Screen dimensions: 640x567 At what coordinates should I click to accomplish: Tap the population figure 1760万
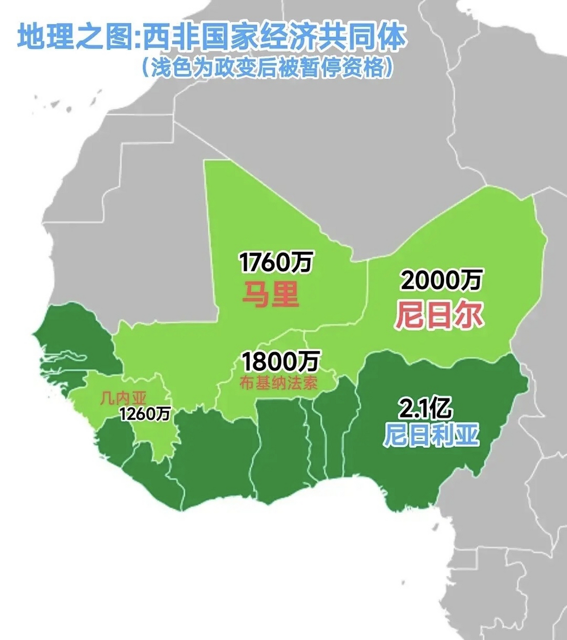(276, 262)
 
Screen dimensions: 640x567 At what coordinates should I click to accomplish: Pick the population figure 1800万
(281, 361)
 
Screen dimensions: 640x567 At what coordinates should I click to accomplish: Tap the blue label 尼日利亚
(431, 436)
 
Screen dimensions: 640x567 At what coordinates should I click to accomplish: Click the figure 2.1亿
(425, 409)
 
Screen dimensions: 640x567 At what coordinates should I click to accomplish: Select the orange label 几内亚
(123, 398)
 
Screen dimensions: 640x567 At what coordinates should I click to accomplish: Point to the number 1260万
(145, 414)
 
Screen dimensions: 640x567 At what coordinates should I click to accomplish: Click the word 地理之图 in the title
(75, 38)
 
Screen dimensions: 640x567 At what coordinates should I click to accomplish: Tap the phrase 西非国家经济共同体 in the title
(272, 38)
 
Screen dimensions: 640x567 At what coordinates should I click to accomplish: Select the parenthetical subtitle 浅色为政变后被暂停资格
(265, 68)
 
